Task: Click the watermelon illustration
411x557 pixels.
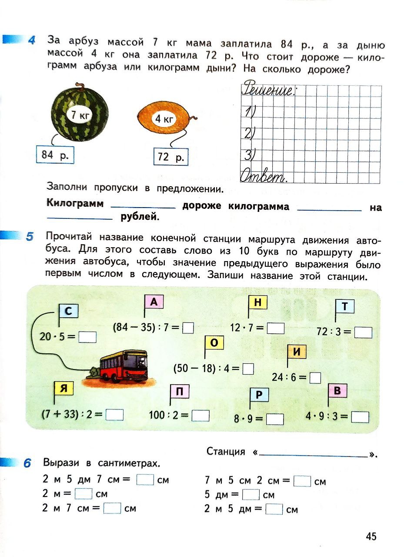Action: coord(80,111)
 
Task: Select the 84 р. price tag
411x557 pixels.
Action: coord(55,154)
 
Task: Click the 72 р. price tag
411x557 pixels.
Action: coord(171,157)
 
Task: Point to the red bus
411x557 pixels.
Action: coord(124,366)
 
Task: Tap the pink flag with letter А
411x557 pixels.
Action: coord(154,302)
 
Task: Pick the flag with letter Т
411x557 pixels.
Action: coord(345,307)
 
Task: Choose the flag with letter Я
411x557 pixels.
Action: coord(63,389)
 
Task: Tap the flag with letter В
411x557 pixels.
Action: coord(337,391)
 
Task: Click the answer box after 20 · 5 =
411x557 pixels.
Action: coord(88,337)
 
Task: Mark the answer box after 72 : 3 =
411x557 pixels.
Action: coord(364,332)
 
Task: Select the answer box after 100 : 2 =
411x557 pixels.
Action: coord(200,416)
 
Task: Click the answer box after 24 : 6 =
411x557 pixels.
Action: coord(315,377)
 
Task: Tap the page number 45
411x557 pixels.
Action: coord(371,536)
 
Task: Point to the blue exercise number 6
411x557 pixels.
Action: coord(27,463)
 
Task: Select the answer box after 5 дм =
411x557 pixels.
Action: coord(251,495)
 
